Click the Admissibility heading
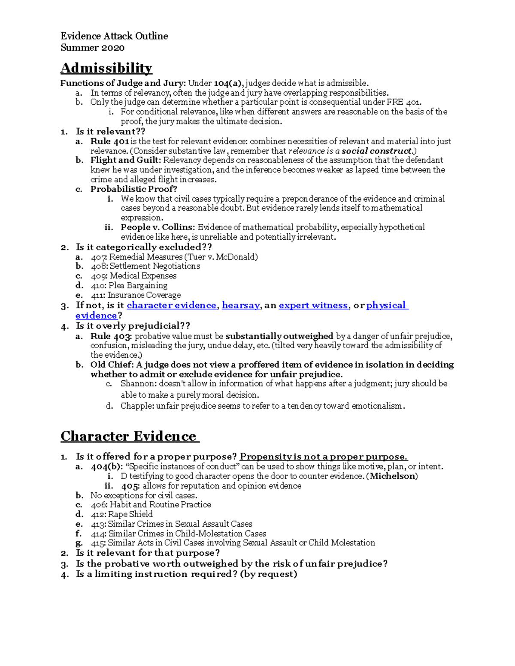(x=106, y=68)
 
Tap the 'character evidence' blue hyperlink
(x=171, y=305)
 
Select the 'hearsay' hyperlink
(x=240, y=305)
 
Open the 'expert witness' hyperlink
(x=313, y=305)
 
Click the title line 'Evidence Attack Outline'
(x=114, y=36)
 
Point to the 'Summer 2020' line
(x=92, y=48)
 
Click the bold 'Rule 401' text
(x=109, y=141)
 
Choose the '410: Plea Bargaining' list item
(x=129, y=286)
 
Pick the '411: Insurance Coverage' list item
(x=136, y=295)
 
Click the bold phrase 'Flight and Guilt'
(x=125, y=160)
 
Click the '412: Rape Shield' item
(x=121, y=514)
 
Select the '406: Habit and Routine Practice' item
(x=151, y=505)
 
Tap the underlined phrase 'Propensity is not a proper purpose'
(x=323, y=457)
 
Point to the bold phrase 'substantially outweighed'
(x=279, y=336)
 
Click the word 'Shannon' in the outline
(x=136, y=383)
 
